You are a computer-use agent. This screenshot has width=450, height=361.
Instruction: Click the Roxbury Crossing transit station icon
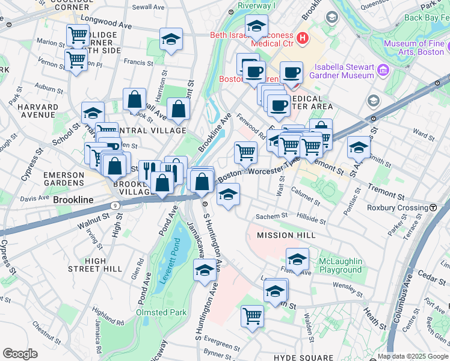[x=433, y=208]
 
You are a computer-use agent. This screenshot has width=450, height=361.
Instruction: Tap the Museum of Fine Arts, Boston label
[x=413, y=48]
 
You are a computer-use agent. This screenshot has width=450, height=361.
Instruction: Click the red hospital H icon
[x=302, y=38]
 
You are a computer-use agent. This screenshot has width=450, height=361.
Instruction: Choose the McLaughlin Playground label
[x=341, y=265]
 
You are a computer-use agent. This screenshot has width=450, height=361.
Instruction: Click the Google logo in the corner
[x=20, y=354]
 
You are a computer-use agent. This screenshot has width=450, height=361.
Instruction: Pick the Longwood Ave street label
[x=109, y=26]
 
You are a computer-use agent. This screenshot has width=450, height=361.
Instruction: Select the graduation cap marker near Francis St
[x=171, y=39]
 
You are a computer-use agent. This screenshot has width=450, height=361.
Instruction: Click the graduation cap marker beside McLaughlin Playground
[x=297, y=259]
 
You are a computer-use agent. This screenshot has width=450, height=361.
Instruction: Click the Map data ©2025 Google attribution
[x=413, y=356]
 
